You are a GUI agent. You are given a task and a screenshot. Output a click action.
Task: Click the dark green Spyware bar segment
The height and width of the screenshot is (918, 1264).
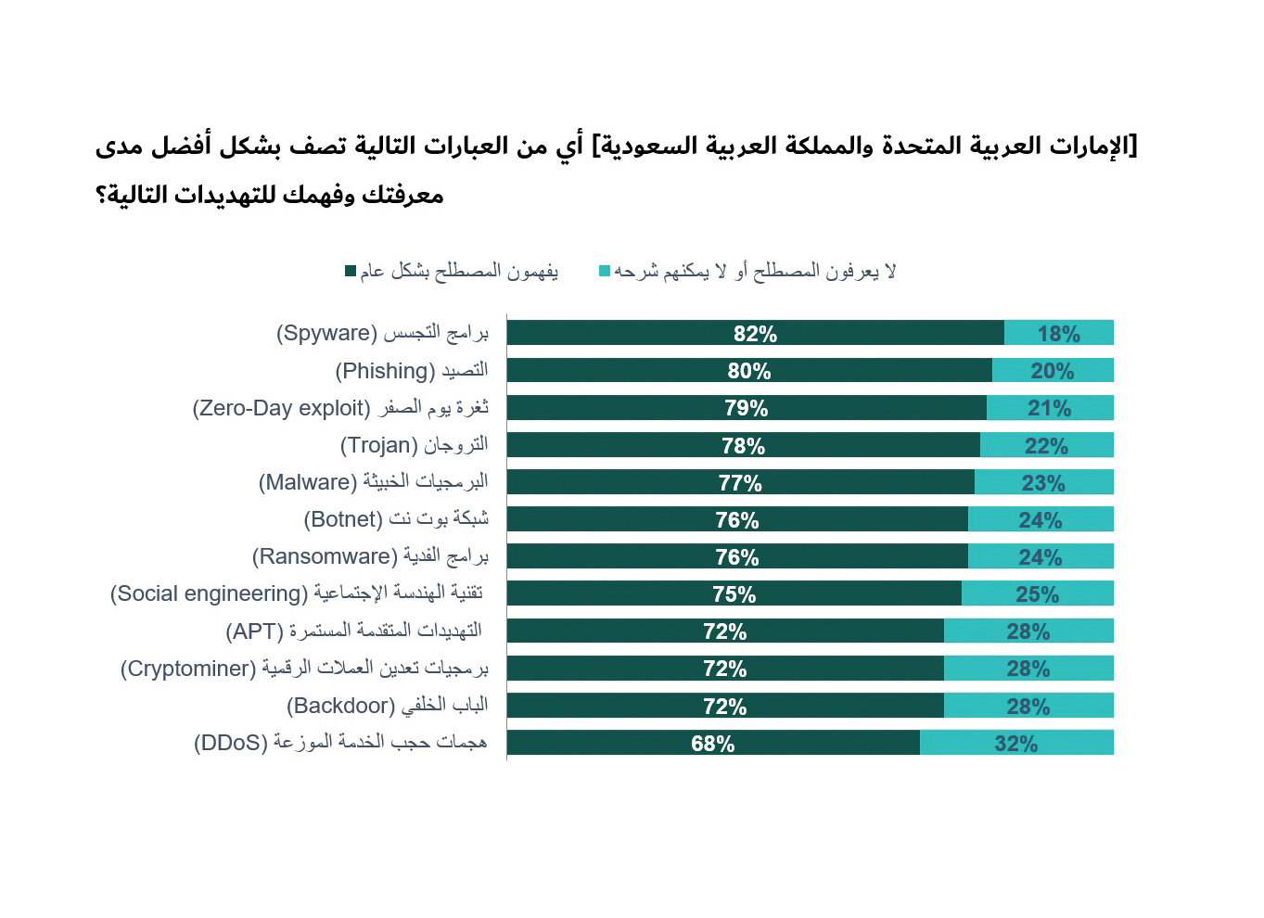(756, 332)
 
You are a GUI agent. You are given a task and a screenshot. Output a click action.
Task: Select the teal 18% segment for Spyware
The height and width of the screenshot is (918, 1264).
(1059, 332)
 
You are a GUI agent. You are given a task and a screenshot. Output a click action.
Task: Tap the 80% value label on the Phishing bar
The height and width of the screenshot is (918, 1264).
(748, 371)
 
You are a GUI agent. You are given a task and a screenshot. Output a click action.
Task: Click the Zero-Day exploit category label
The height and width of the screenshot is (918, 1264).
(340, 407)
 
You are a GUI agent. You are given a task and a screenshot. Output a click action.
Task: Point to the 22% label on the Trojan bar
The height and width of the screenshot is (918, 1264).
(1046, 446)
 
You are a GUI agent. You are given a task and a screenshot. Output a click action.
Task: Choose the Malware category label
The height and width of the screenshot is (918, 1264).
(373, 482)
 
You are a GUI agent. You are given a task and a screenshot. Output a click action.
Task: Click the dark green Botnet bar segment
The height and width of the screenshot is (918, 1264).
(737, 518)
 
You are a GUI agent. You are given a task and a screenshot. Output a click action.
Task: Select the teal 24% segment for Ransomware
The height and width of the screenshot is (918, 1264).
(1041, 555)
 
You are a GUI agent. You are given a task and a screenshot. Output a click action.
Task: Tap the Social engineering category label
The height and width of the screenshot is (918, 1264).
(297, 593)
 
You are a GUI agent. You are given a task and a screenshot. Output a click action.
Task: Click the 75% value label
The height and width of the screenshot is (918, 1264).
(734, 594)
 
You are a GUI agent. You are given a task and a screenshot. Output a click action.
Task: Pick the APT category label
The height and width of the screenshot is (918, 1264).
(354, 631)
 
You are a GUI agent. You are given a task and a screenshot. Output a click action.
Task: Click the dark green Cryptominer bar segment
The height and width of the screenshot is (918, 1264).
(726, 668)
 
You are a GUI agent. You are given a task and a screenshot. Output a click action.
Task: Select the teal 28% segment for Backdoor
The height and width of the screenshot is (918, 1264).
(1028, 706)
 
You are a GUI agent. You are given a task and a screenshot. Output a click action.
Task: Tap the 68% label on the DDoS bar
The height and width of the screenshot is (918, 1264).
(713, 744)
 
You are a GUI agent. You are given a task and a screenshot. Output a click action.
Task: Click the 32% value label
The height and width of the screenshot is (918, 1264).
(1015, 744)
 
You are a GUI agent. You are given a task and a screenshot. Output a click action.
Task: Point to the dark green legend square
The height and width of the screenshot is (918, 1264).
(351, 271)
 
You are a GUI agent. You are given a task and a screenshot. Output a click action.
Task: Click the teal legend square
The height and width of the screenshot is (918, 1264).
(605, 271)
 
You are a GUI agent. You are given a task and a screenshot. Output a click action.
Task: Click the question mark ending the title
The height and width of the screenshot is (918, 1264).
(101, 195)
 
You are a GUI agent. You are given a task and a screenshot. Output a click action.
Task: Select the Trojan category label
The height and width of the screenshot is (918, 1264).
(415, 444)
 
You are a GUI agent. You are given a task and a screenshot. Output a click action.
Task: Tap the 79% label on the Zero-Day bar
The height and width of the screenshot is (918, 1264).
(746, 408)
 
